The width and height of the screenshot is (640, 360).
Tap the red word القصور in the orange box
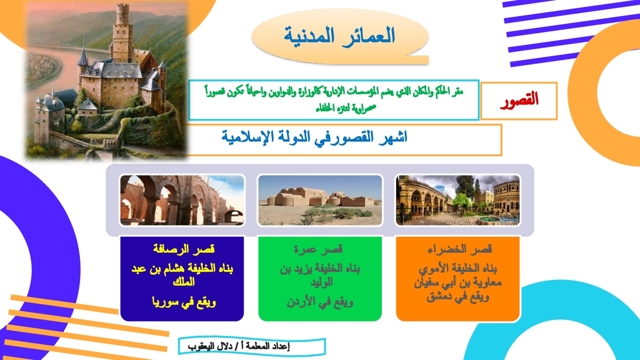pos(519,100)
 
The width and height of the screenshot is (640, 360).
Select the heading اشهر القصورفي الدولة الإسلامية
pos(314,137)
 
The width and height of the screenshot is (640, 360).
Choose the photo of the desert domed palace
pos(320,201)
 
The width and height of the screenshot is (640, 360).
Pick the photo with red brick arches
pos(182,201)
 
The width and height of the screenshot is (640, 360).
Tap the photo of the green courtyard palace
pos(458,201)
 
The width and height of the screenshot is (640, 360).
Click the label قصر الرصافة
pos(184,249)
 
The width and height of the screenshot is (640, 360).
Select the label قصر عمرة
pos(318,249)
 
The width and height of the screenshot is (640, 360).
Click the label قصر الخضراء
pos(460,249)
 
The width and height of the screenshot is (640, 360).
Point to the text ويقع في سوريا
pos(184,302)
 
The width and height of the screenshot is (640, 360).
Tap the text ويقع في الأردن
pos(320,302)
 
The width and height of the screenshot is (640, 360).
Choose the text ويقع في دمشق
pos(458,297)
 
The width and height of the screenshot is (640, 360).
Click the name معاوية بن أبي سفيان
pos(458,283)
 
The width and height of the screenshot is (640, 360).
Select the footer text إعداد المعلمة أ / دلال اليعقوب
pos(239,347)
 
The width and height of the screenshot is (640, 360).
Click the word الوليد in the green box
pos(322,282)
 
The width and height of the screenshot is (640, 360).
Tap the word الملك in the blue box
pos(183,282)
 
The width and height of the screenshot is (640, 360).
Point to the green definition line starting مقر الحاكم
pos(334,92)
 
